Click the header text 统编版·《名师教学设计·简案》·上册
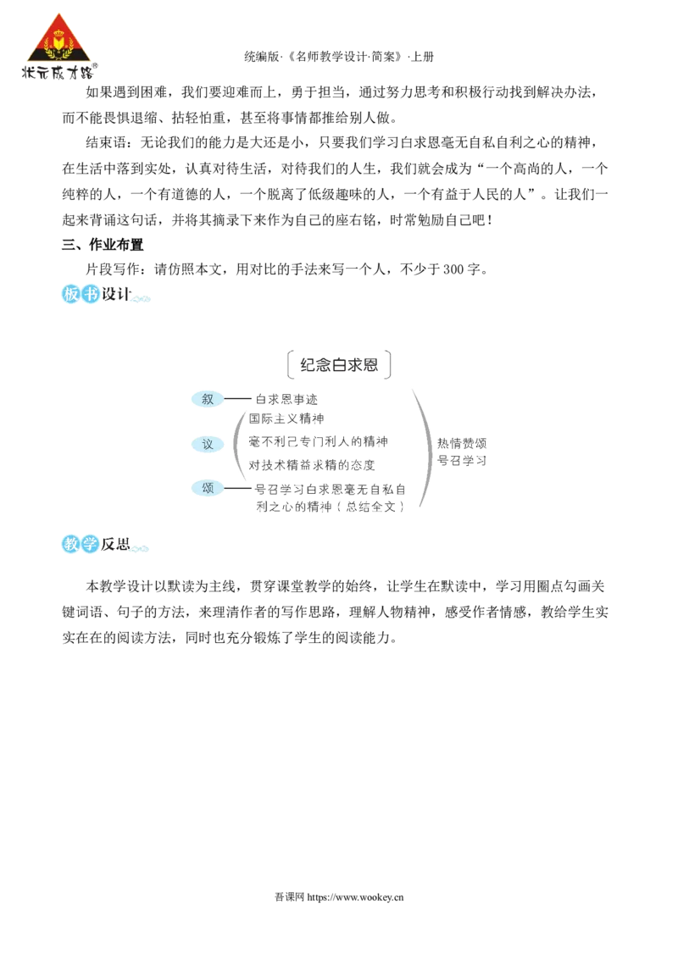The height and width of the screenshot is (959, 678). (x=339, y=57)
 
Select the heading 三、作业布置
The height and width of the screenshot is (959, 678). (x=103, y=245)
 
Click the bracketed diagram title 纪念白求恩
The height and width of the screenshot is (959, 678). (x=339, y=365)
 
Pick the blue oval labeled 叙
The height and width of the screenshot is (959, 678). (x=208, y=399)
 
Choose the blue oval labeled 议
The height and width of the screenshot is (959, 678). (x=208, y=444)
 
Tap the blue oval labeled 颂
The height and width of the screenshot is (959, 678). (x=208, y=488)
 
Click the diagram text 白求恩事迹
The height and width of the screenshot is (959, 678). (x=286, y=399)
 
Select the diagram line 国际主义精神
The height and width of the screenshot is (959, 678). (x=286, y=419)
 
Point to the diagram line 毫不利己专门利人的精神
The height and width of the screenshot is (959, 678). (x=318, y=441)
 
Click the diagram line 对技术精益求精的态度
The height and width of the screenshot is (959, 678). (x=312, y=465)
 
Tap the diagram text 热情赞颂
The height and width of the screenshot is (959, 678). (x=462, y=443)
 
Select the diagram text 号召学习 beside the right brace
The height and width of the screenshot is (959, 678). (x=462, y=461)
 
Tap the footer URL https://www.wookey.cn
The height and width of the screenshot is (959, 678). (x=355, y=897)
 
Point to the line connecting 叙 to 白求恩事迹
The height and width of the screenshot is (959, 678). (x=237, y=399)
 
